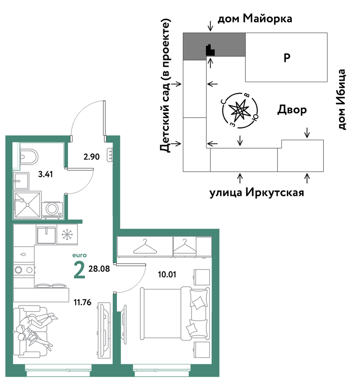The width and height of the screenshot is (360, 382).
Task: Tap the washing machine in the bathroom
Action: click(x=52, y=209)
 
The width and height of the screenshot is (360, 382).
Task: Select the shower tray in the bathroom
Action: click(x=28, y=205)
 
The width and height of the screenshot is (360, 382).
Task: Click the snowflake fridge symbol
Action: click(x=67, y=234)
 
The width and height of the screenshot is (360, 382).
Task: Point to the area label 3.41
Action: click(x=46, y=174)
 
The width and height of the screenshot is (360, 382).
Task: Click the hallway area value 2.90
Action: click(x=92, y=156)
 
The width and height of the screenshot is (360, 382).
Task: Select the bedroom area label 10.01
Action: click(x=167, y=275)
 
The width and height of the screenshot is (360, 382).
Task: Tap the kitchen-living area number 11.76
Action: click(x=82, y=302)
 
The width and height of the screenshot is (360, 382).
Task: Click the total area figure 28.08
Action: click(x=99, y=269)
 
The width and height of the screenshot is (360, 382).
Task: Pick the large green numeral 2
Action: click(x=79, y=270)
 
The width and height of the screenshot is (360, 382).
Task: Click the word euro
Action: click(x=79, y=255)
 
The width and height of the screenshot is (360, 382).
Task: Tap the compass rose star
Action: click(x=240, y=110)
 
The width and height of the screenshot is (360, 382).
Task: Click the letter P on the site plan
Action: click(x=287, y=58)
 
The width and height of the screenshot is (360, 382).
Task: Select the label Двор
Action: click(x=292, y=110)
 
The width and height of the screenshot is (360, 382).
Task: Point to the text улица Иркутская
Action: click(x=257, y=193)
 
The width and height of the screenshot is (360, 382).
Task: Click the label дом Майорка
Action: click(x=255, y=18)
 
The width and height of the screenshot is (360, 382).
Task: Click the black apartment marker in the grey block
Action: click(x=210, y=50)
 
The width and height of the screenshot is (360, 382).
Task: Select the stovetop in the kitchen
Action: click(x=24, y=270)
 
